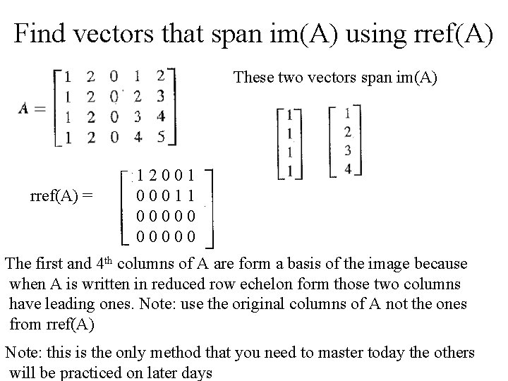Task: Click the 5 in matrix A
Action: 162,137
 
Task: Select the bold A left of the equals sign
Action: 24,107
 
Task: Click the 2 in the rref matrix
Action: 154,174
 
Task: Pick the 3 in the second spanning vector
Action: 346,150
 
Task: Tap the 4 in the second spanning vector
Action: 346,169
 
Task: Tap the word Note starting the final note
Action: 21,353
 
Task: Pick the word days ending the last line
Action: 197,373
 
